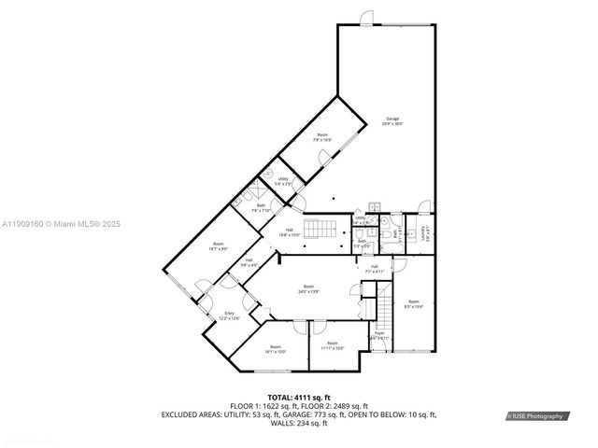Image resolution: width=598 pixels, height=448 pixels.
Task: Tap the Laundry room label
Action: [x=424, y=230]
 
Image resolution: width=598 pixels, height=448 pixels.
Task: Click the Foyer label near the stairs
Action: [x=380, y=333]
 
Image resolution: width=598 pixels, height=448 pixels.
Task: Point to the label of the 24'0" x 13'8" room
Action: [x=308, y=289]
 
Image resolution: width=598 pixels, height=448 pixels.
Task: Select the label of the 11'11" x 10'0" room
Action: [x=333, y=346]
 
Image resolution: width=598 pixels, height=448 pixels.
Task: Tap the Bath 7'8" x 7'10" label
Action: [x=261, y=207]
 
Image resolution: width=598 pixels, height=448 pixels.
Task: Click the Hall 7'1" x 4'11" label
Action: [x=374, y=269]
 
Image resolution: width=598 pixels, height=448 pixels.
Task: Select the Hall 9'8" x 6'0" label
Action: [x=249, y=262]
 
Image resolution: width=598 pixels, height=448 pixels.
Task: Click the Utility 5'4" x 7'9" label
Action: [x=281, y=181]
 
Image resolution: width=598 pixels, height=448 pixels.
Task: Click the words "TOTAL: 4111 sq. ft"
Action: [x=299, y=398]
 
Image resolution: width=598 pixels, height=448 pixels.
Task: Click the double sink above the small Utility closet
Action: [x=374, y=207]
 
